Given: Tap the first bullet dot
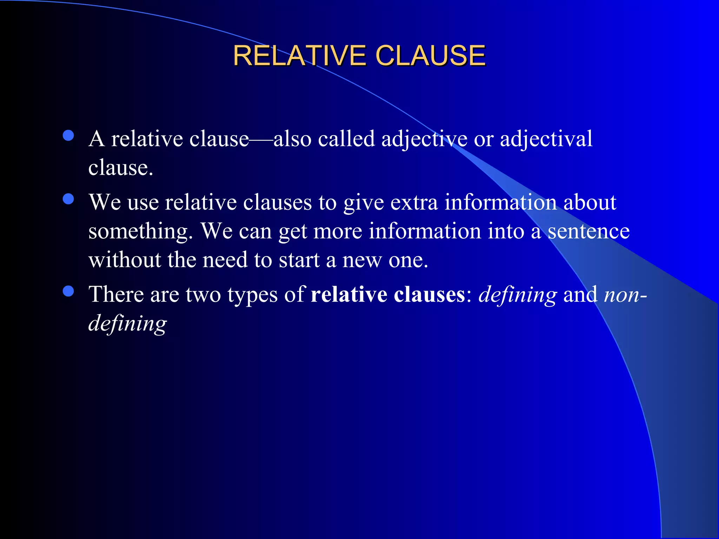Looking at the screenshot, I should pos(68,135).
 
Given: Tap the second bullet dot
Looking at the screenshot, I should pos(68,199).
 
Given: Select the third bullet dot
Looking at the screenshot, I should pos(68,291).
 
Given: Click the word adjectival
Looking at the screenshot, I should pos(546,139).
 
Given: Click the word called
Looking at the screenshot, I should pos(346,138).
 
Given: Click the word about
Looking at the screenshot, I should pos(590,202).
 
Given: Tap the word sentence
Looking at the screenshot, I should pos(589,232).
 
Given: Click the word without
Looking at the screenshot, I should pos(125,260).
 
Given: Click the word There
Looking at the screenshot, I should pos(116,294).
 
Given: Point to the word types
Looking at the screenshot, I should pos(252,295).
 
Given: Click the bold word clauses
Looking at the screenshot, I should pos(429,294).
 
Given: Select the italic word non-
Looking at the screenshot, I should pos(625,295).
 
